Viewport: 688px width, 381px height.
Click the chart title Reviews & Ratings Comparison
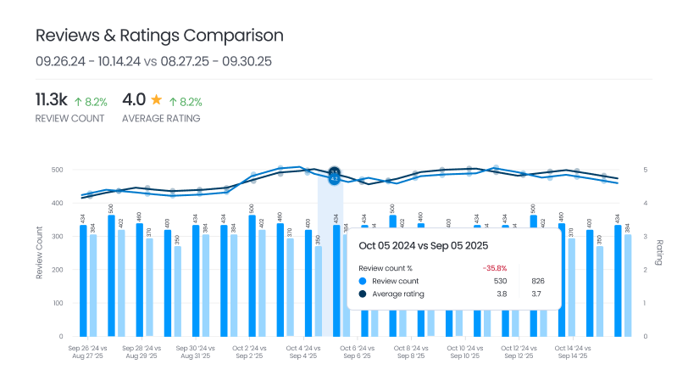(x=159, y=36)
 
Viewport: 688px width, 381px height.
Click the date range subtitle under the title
(x=153, y=61)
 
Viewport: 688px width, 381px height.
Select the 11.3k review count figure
(x=51, y=100)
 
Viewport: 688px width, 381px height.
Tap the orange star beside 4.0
(x=156, y=100)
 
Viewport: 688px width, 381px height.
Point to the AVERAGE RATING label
(x=161, y=119)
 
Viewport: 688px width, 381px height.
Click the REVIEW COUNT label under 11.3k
(x=70, y=119)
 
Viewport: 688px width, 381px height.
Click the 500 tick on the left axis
(x=56, y=170)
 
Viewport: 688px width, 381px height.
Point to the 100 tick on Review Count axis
(x=57, y=303)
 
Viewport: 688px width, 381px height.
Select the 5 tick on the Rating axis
(x=645, y=170)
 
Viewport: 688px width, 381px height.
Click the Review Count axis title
(x=39, y=253)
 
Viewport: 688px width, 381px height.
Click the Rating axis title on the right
(x=659, y=253)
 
